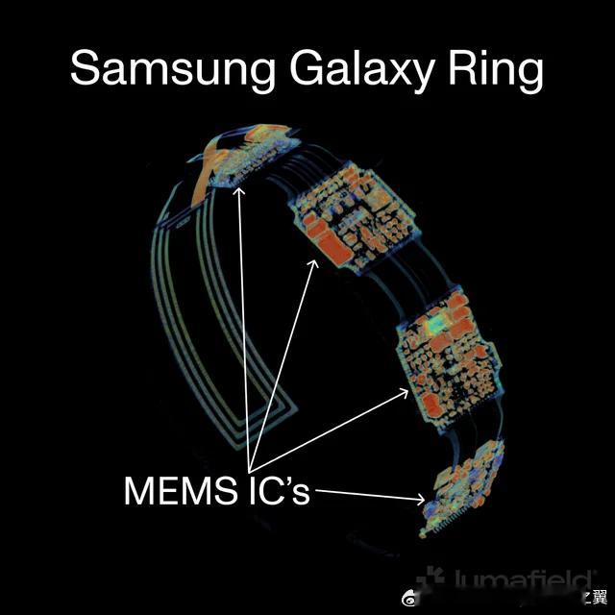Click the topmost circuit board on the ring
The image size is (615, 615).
[x=240, y=159]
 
